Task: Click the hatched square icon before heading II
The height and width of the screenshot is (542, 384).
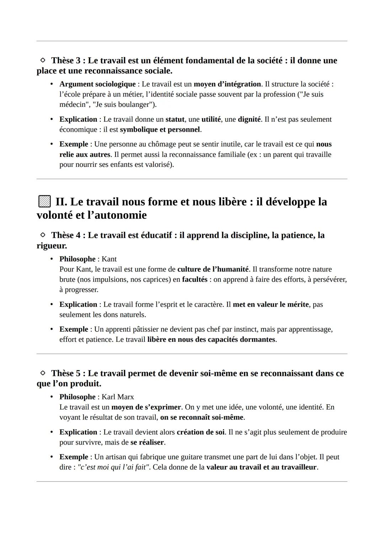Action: [x=44, y=202]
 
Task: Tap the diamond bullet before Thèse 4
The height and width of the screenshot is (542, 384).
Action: [x=43, y=235]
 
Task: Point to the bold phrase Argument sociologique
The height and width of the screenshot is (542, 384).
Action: [x=97, y=84]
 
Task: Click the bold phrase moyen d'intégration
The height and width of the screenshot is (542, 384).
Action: [x=227, y=84]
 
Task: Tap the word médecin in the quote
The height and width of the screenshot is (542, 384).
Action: [x=73, y=105]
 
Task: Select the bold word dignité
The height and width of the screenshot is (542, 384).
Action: [x=249, y=119]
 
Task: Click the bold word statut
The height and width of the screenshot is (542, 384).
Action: [x=175, y=119]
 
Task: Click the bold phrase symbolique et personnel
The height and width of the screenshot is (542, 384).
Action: [x=160, y=130]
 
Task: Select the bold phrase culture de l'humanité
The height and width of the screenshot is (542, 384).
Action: [x=213, y=269]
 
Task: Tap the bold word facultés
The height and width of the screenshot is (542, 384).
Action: [x=194, y=280]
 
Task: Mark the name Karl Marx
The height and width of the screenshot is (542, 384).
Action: [x=118, y=397]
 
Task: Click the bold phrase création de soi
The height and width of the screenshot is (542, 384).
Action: [x=201, y=432]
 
